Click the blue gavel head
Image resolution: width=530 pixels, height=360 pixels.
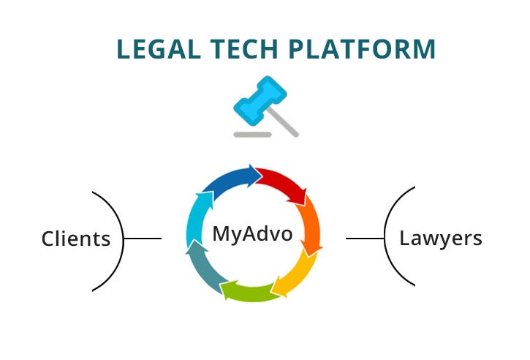(259, 100)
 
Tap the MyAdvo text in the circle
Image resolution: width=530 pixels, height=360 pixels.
(252, 234)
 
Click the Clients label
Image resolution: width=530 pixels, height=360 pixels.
(76, 239)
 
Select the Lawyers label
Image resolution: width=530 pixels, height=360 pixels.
(440, 238)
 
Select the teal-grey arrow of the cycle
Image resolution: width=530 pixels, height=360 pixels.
(203, 267)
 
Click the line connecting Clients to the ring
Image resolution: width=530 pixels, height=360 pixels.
(143, 239)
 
